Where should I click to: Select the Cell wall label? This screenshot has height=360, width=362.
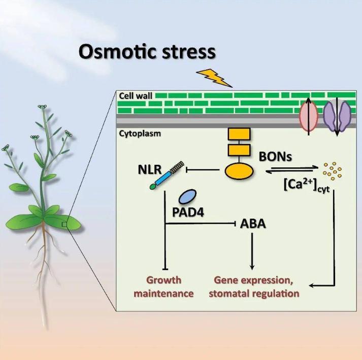136,95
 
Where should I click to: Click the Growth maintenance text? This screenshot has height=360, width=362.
163,286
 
